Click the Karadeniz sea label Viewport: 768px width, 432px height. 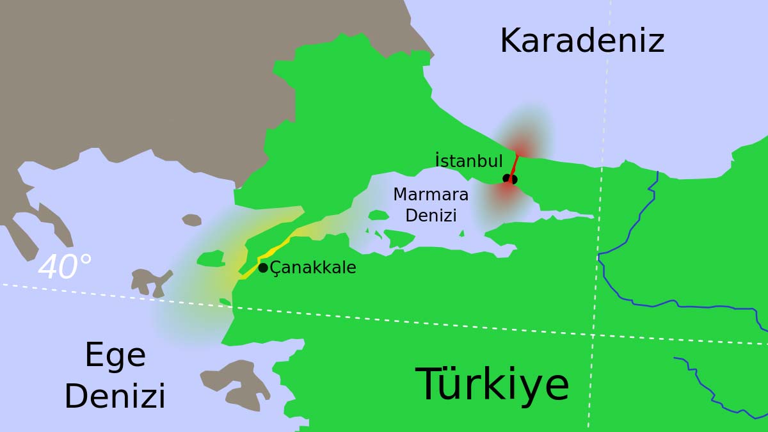pos(582,41)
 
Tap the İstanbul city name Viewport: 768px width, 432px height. pos(468,161)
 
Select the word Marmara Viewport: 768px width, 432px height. pos(431,195)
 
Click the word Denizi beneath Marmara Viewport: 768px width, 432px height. pos(431,216)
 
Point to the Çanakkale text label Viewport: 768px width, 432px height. pos(313,268)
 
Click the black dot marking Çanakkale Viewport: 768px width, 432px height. pos(263,268)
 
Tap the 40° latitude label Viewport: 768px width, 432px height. pos(65,268)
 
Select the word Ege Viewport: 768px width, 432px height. pos(115,356)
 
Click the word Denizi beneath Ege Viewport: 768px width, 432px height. pos(115,397)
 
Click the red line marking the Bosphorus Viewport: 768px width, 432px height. pos(514,165)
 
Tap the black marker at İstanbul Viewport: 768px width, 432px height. pos(510,179)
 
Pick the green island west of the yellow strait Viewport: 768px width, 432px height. pos(211,259)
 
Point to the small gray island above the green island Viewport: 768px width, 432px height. pos(191,220)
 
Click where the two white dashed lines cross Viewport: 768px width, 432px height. pos(593,335)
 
